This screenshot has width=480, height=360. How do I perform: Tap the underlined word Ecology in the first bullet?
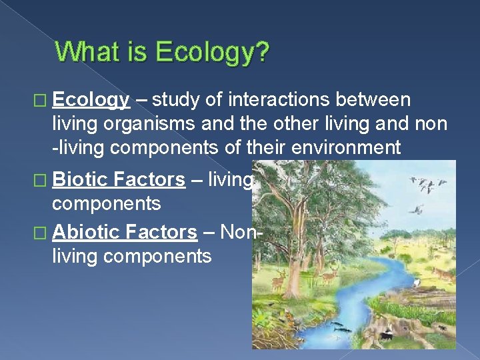click(91, 100)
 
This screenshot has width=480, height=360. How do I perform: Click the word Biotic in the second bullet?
click(80, 179)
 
